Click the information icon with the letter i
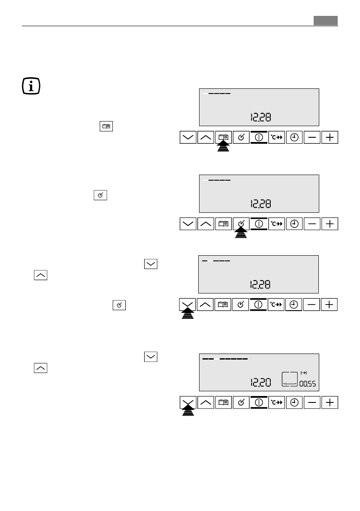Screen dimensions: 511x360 click(31, 86)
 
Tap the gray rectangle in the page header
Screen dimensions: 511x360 click(325, 21)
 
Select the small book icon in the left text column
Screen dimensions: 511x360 click(106, 127)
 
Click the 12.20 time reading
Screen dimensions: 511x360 click(261, 381)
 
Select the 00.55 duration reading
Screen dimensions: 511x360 click(307, 383)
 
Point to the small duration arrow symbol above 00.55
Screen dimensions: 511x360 click(305, 372)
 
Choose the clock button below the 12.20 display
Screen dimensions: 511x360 click(294, 402)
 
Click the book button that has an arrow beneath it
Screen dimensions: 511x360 click(224, 138)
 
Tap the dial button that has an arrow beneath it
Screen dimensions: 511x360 click(242, 224)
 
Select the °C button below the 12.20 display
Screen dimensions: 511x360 click(277, 402)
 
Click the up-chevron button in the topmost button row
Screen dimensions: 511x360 click(206, 138)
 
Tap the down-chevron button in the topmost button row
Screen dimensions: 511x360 click(188, 138)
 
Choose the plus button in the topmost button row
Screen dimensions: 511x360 click(330, 138)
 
